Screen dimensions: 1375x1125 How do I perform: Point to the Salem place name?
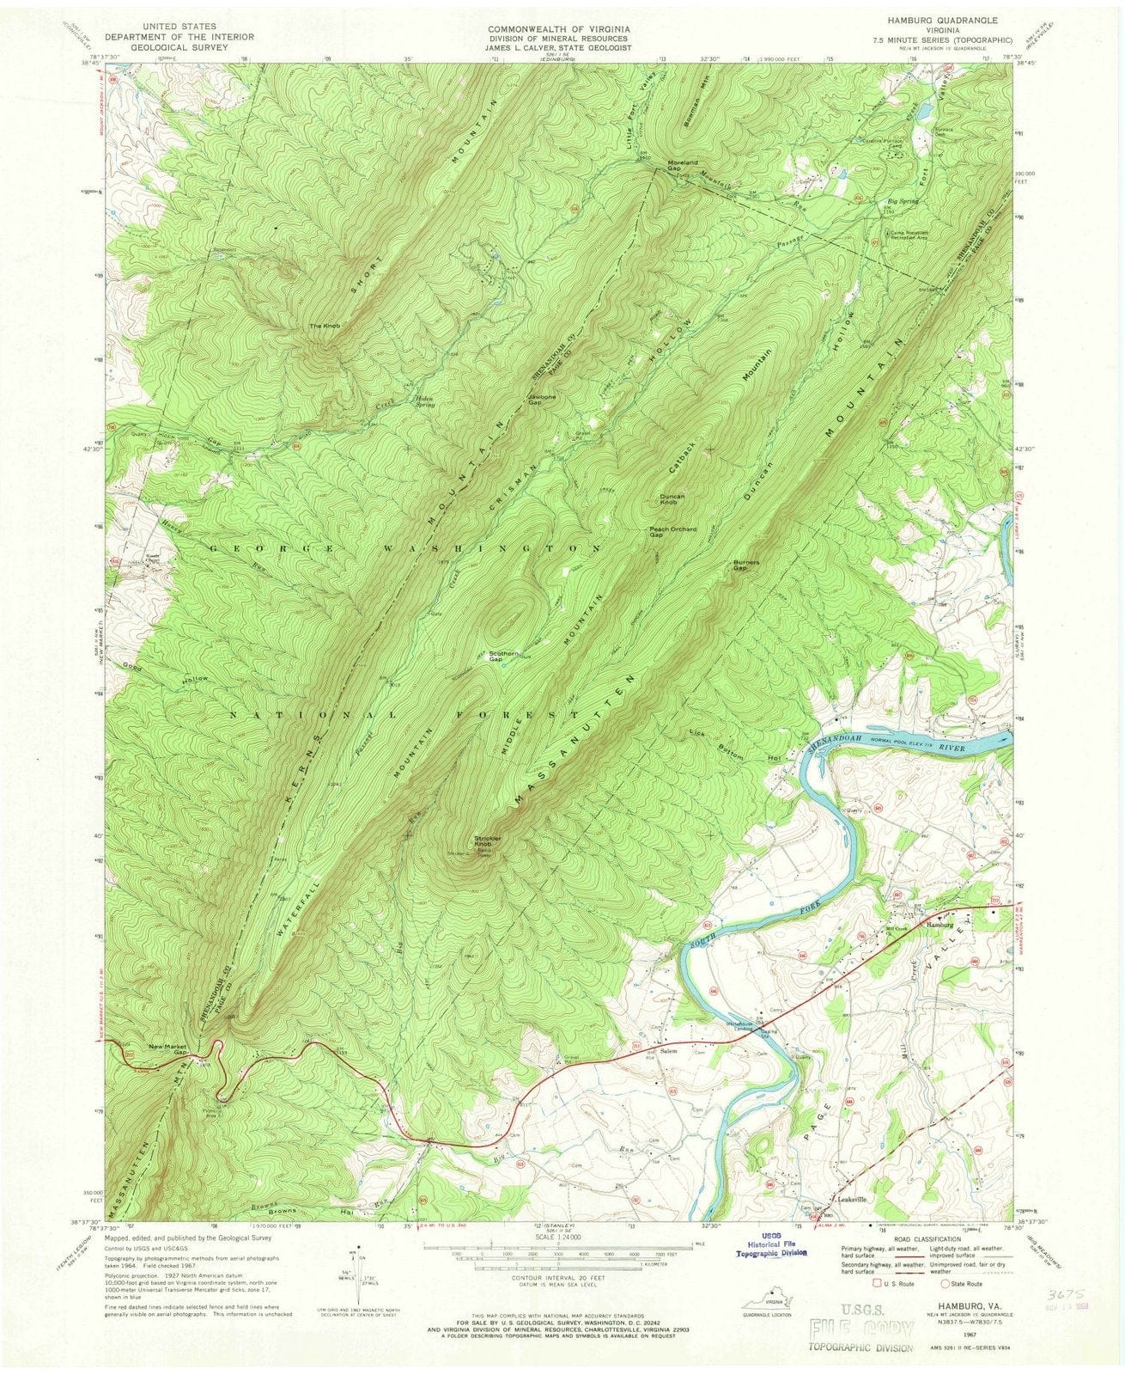point(669,1052)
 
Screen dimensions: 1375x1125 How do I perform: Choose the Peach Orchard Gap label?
point(672,532)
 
